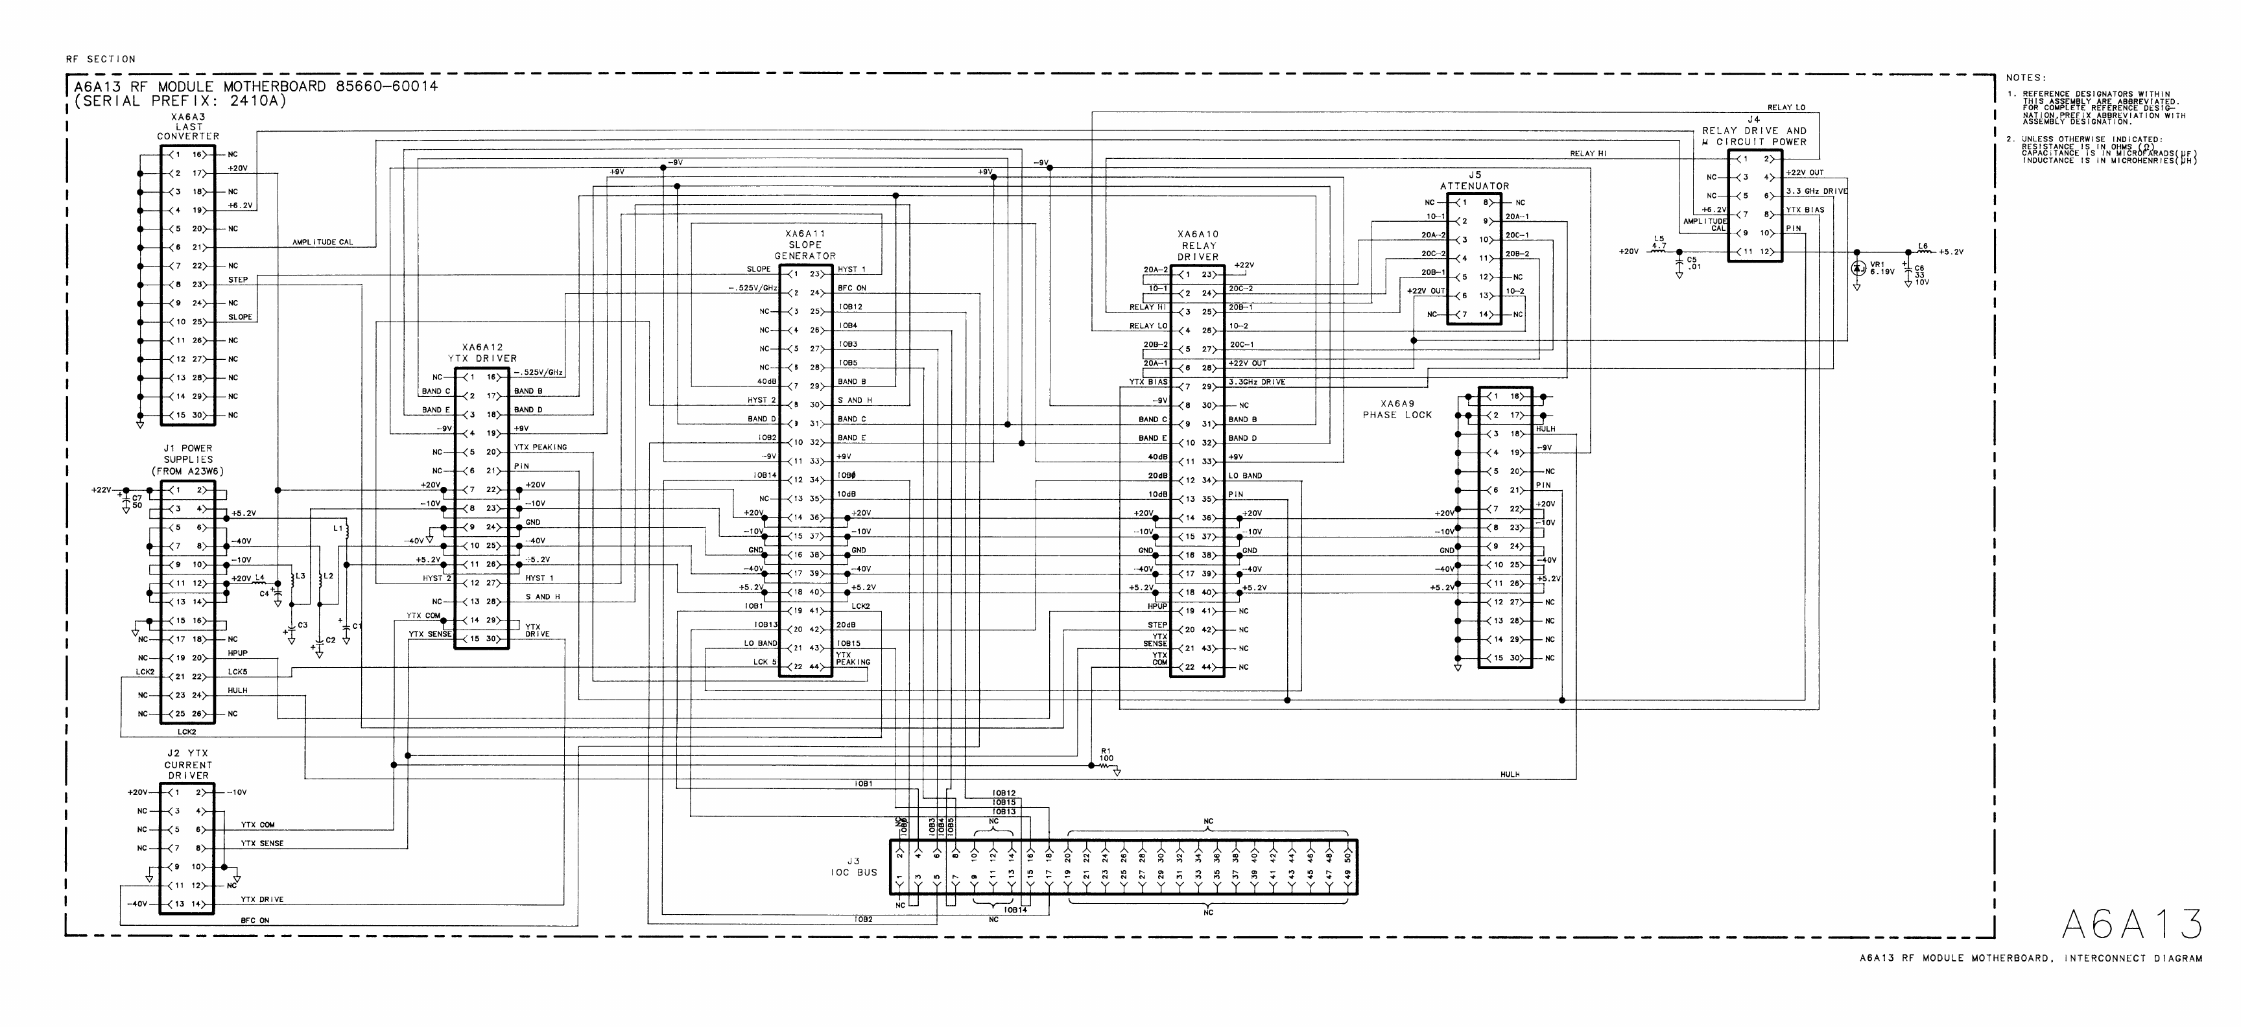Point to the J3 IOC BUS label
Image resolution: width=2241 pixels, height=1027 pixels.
pos(853,867)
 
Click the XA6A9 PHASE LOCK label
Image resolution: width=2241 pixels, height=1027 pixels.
pos(1397,410)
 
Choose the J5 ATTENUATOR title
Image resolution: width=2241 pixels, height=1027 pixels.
pos(1474,181)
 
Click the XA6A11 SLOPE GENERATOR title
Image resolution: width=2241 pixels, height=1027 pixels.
pos(805,244)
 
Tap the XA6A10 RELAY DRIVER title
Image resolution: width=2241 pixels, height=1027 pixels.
pos(1197,245)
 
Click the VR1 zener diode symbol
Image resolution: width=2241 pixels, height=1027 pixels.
pos(1856,268)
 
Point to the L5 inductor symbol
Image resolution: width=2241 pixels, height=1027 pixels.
pos(1657,252)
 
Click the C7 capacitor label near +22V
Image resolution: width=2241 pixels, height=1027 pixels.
pos(137,502)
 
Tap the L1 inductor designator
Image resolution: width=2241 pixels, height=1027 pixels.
pos(338,528)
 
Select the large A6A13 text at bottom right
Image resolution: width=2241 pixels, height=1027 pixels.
pos(2131,925)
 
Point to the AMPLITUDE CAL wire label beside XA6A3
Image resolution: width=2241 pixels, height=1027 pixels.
pos(322,242)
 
